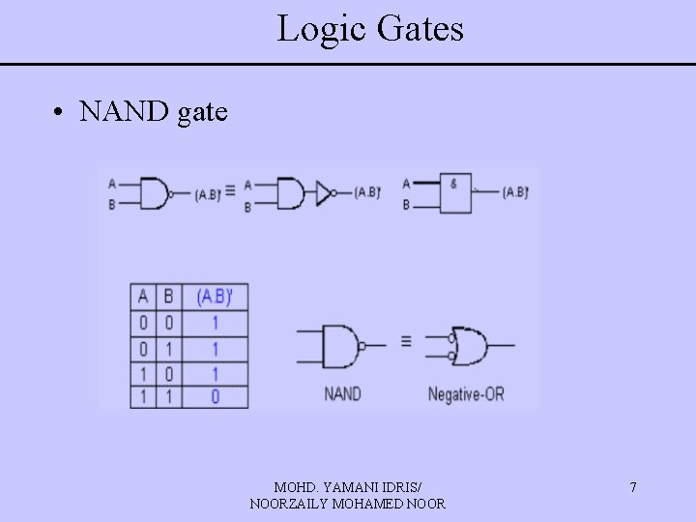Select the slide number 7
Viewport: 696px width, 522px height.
tap(633, 487)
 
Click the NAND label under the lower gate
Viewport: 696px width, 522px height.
tap(342, 393)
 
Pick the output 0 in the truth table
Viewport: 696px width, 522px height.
tap(215, 396)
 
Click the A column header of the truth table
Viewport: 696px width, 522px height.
tap(142, 296)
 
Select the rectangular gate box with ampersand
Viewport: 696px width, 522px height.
tap(457, 193)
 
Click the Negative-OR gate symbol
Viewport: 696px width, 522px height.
tap(472, 345)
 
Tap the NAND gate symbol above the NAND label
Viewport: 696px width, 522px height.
tap(341, 345)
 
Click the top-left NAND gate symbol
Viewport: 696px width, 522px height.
tap(155, 193)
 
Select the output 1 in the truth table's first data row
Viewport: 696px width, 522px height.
tap(215, 322)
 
